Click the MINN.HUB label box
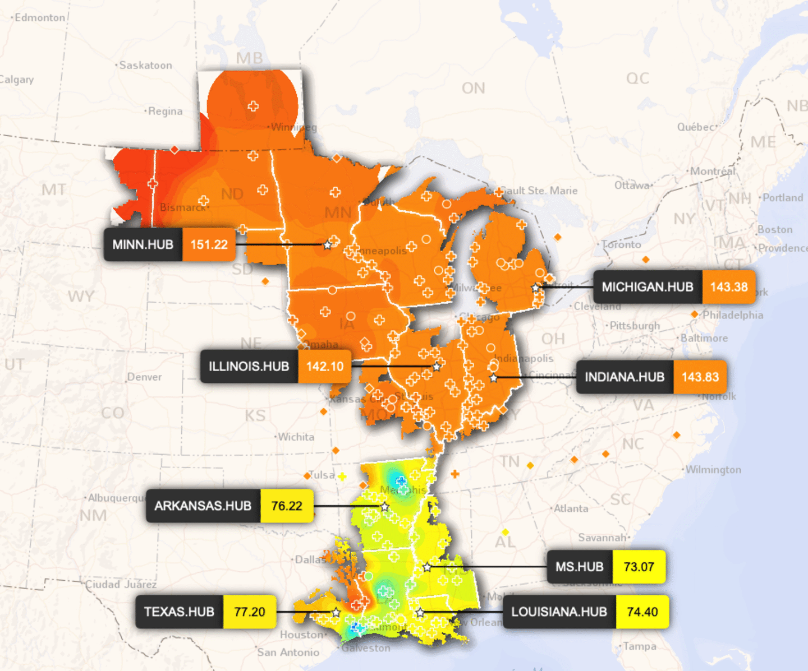point(143,245)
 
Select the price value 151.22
point(209,245)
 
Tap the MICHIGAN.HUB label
point(648,287)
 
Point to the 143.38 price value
point(729,287)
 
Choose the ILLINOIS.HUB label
point(249,367)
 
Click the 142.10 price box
point(325,367)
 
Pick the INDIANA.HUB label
point(625,377)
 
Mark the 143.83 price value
point(700,377)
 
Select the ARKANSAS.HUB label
point(203,506)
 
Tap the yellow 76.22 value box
point(287,506)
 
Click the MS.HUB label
point(580,567)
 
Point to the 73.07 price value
point(639,567)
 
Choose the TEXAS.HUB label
point(179,612)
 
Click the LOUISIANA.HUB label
point(559,612)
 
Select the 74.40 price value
point(642,612)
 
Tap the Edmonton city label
point(39,17)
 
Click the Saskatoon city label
point(145,65)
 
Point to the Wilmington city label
point(713,470)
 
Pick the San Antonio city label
point(288,652)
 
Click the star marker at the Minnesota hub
point(328,245)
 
